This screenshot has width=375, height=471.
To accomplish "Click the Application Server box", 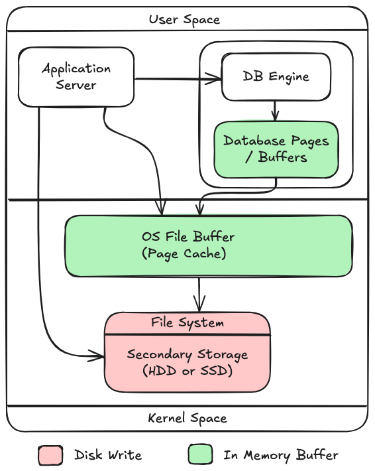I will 76,76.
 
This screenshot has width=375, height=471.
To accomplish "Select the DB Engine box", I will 276,76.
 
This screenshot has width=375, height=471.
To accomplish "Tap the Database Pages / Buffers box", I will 276,149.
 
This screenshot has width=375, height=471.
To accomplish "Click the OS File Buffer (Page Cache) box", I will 208,245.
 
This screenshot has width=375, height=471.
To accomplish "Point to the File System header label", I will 187,323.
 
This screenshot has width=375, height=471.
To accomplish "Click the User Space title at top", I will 184,19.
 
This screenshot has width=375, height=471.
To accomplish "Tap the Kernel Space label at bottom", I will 187,419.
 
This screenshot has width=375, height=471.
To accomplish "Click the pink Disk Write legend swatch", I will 50,455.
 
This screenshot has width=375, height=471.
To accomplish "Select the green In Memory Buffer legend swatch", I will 200,455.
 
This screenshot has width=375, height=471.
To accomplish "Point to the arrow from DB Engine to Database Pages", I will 276,111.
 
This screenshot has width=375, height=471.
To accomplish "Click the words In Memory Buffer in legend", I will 281,455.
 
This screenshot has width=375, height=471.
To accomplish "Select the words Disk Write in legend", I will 107,455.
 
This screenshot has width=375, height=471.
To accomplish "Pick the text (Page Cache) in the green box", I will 184,253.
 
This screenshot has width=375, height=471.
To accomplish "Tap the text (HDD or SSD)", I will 187,371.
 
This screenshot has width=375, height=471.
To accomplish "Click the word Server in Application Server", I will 76,85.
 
